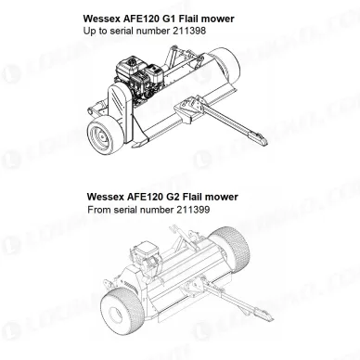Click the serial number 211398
click(x=188, y=31)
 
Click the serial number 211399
click(x=192, y=210)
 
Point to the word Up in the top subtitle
click(x=89, y=32)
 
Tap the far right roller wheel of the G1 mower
click(x=228, y=69)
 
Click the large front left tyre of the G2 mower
click(x=122, y=312)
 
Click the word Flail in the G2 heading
click(x=192, y=197)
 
